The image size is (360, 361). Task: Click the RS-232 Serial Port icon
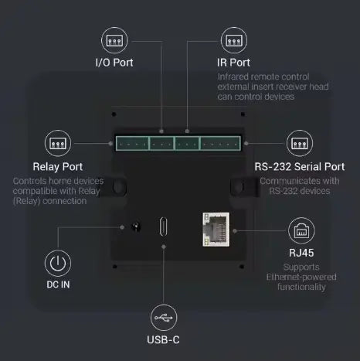pyautogui.click(x=299, y=143)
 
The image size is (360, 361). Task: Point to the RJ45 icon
pyautogui.click(x=301, y=230)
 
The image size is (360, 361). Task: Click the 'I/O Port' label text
pyautogui.click(x=114, y=62)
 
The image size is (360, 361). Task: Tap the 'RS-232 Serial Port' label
pyautogui.click(x=299, y=166)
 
